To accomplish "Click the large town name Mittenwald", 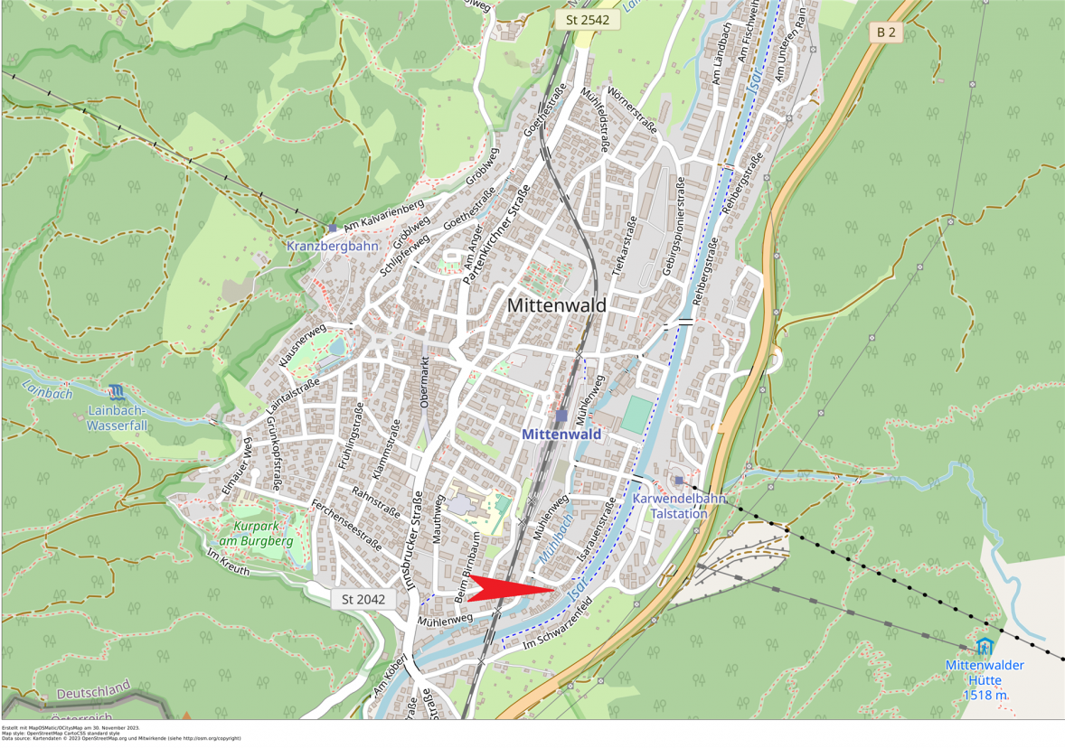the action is (556, 305).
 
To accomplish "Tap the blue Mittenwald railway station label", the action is (561, 435).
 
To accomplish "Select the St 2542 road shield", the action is (588, 19).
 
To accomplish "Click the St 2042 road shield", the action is (363, 599).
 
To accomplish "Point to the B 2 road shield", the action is (886, 33).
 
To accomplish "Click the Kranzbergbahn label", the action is (332, 246).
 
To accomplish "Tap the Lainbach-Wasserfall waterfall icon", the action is (117, 391).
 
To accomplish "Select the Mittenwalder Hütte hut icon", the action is (985, 646).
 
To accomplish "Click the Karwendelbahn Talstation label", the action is (679, 506).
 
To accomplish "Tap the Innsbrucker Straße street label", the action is (413, 542).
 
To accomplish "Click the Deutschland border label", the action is (94, 691).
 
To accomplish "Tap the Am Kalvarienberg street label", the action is (384, 217).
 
